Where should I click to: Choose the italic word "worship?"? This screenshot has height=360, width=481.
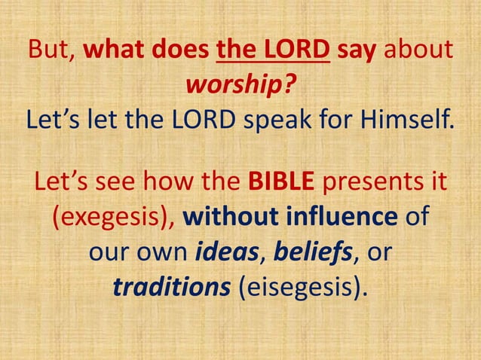(x=240, y=85)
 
